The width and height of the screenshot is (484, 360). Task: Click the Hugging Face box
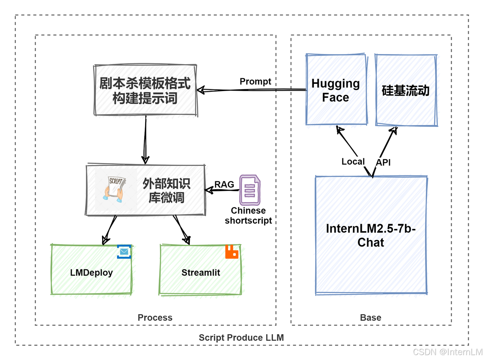pos(336,90)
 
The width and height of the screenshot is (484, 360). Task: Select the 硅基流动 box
pos(406,90)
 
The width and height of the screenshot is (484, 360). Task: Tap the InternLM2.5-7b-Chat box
pos(371,235)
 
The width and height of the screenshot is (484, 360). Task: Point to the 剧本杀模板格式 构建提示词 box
pos(145,90)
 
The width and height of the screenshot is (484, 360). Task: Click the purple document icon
pos(250,190)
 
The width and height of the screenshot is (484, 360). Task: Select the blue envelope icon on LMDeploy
pos(124,252)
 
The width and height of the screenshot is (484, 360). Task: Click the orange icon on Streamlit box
pos(232,252)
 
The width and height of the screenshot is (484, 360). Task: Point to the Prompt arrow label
pos(255,82)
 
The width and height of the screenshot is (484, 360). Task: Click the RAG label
pos(224,184)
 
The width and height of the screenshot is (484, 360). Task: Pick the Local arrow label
pos(353,162)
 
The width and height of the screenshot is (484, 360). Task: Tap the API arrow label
pos(383,162)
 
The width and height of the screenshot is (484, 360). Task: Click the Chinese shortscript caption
pos(248,215)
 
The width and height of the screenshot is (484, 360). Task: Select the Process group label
pos(155,318)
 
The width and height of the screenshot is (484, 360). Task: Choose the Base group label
pos(371,318)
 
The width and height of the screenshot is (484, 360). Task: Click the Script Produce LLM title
pos(241,338)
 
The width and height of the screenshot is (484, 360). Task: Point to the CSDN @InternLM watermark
pos(448,352)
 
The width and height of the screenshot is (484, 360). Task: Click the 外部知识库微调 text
pos(166,190)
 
